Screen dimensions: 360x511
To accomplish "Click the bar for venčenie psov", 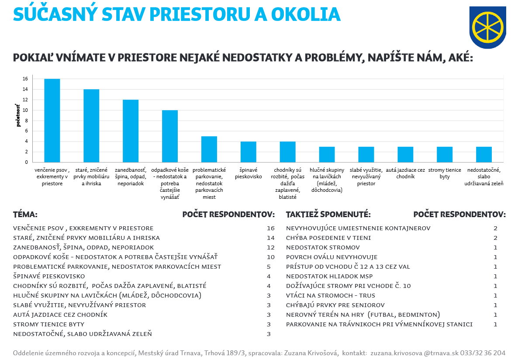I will pyautogui.click(x=52, y=121).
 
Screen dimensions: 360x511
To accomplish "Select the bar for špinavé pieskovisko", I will pyautogui.click(x=248, y=152).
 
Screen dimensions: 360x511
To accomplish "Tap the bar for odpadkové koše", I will pyautogui.click(x=170, y=136).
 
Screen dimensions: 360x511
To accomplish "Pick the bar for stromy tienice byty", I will pyautogui.click(x=445, y=154).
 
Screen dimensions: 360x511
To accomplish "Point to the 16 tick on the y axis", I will pyautogui.click(x=25, y=79).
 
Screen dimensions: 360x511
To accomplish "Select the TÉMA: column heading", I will pyautogui.click(x=25, y=215).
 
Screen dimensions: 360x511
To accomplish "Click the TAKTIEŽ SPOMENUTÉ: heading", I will pyautogui.click(x=328, y=215).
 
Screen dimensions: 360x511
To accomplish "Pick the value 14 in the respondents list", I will pyautogui.click(x=270, y=238).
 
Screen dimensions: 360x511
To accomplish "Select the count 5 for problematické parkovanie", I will pyautogui.click(x=269, y=267).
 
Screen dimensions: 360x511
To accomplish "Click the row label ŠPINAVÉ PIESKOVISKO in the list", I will pyautogui.click(x=49, y=277).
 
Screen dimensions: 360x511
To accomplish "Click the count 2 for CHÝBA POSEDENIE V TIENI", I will pyautogui.click(x=495, y=238).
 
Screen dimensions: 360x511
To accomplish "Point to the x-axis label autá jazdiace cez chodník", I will pyautogui.click(x=405, y=173).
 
